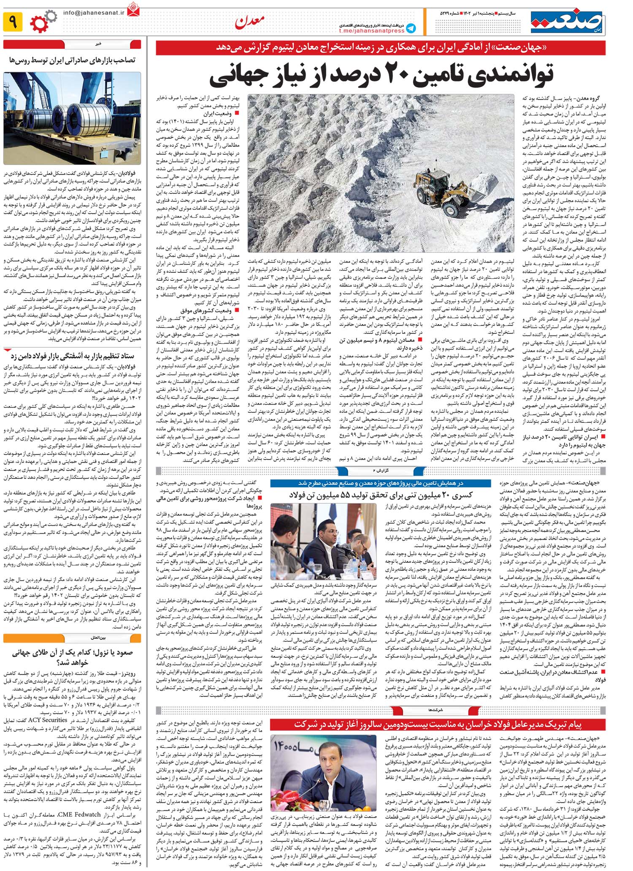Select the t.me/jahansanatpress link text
372,31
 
